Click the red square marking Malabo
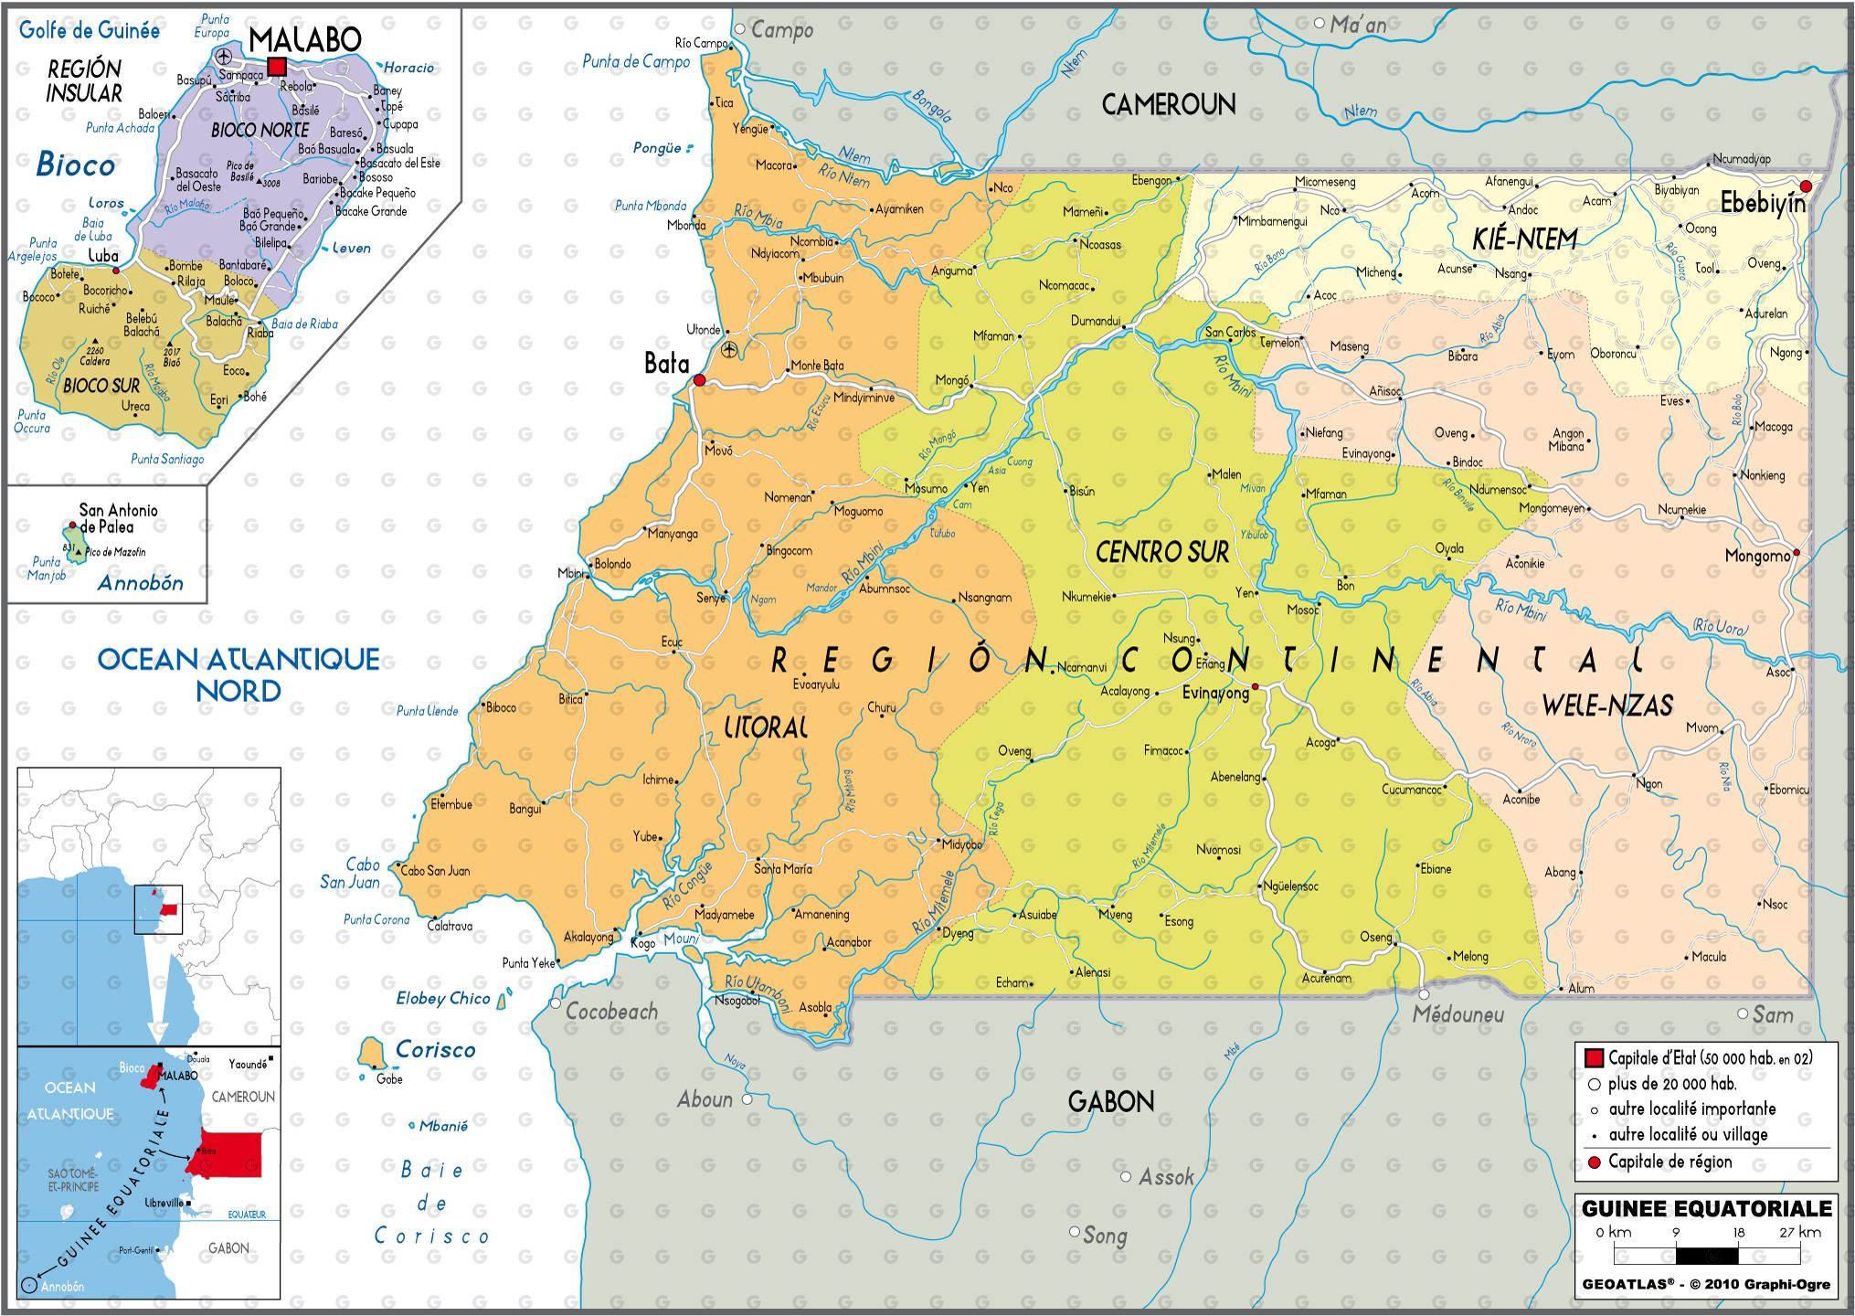277,66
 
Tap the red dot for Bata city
699,379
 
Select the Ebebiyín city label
1762,203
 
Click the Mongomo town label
1756,556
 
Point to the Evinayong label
1214,694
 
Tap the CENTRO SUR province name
1161,552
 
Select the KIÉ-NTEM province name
1524,239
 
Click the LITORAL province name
766,727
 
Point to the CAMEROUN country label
1168,105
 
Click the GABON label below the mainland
1110,1101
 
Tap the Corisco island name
435,1050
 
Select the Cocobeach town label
610,1012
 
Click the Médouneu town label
1457,1014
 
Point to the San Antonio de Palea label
118,518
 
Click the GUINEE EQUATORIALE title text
1706,1208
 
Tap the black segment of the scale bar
1706,1256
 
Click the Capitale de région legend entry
1669,1162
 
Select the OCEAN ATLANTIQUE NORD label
238,674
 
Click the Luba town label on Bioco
103,256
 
